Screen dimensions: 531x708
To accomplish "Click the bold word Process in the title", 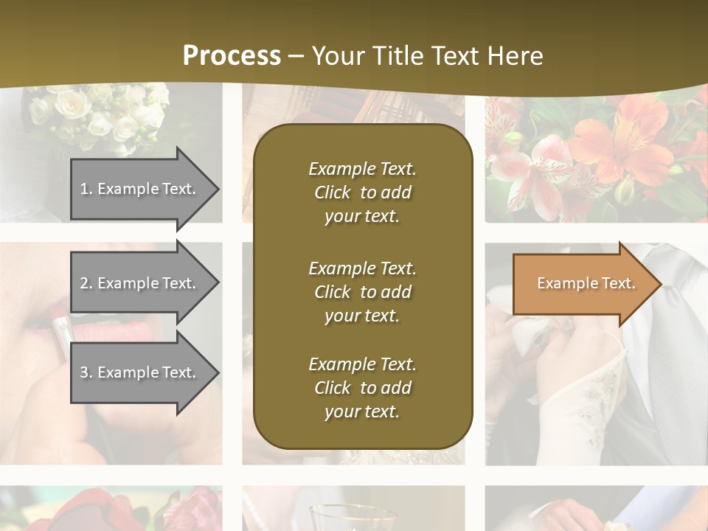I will click(232, 56).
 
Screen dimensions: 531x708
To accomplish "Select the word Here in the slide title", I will click(513, 56).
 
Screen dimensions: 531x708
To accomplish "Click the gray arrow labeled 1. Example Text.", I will click(140, 189).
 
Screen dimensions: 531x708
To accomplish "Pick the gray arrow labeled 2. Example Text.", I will click(140, 283).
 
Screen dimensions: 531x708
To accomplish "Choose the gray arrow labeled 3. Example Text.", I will click(140, 372).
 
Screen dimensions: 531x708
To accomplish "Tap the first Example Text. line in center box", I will click(362, 169).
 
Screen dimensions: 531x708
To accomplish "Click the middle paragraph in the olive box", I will click(362, 292).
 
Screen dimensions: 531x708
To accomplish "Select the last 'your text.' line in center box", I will click(362, 412).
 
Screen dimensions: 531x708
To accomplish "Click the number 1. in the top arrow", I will click(86, 189).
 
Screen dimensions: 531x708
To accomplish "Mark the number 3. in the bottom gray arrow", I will click(86, 372).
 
